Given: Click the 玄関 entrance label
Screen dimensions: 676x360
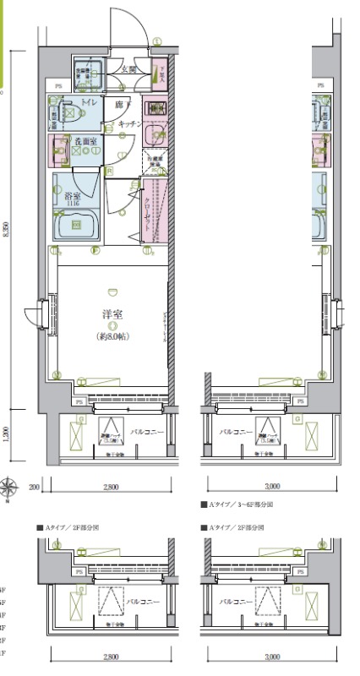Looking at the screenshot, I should (128, 68).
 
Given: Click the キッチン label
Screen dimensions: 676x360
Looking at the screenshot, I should (128, 124).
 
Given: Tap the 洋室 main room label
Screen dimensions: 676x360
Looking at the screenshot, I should (110, 313).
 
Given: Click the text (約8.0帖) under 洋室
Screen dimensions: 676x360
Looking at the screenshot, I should (111, 336).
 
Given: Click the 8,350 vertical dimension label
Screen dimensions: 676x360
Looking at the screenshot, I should (7, 234).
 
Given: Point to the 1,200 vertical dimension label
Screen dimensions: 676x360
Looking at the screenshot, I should (7, 434).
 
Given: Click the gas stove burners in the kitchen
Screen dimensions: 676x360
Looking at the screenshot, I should (154, 108).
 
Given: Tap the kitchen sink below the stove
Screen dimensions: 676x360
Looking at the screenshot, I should (154, 134).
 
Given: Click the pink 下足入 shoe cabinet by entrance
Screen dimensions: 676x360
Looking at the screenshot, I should (158, 74).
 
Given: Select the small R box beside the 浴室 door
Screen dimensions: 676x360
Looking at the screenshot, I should (110, 172).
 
